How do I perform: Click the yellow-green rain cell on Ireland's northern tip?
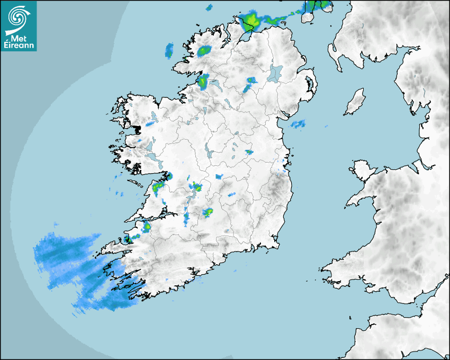[250, 22]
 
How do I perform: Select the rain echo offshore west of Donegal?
[169, 51]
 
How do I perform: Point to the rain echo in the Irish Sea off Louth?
[298, 124]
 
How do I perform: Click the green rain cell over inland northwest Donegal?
[204, 51]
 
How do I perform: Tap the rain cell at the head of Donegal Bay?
[203, 82]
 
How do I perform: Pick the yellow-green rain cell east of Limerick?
[208, 212]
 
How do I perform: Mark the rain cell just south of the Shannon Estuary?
[146, 227]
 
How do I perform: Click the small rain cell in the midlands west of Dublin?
[248, 152]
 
